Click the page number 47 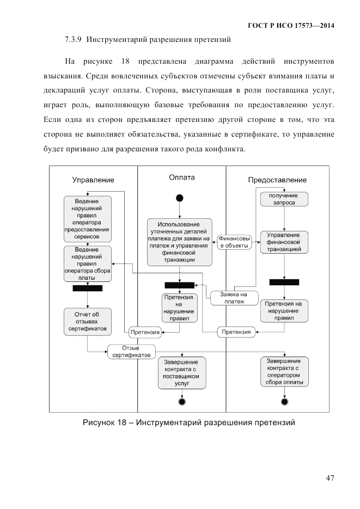[x=330, y=478]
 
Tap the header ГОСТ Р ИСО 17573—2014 [x=291, y=26]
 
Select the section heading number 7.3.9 [x=72, y=40]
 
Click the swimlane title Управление [x=93, y=180]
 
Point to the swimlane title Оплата [x=182, y=177]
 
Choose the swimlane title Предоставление [x=277, y=180]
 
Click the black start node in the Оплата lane [x=180, y=198]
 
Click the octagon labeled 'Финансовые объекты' [x=235, y=242]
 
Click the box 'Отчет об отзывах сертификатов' [x=88, y=322]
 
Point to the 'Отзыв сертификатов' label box [x=132, y=351]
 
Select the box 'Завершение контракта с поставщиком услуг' [x=182, y=373]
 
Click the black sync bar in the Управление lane [x=88, y=289]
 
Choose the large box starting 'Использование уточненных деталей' [x=179, y=242]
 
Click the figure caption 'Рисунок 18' [x=188, y=422]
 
